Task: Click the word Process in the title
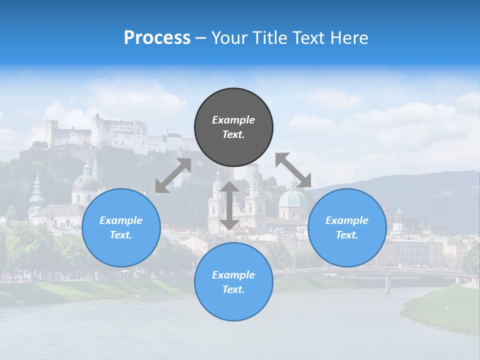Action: tap(157, 38)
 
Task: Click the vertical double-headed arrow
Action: tap(229, 205)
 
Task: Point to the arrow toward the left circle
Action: tap(173, 175)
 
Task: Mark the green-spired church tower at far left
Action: tap(36, 192)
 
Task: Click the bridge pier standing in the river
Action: tap(388, 284)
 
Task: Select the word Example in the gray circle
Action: tap(233, 120)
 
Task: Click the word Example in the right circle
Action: tap(347, 220)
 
